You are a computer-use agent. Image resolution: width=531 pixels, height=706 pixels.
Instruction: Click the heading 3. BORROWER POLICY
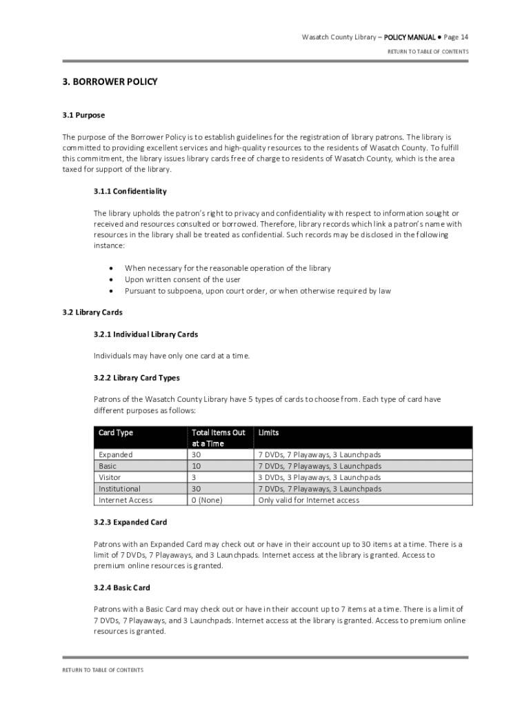pyautogui.click(x=110, y=82)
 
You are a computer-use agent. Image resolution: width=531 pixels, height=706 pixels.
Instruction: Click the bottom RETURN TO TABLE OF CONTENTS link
pyautogui.click(x=103, y=670)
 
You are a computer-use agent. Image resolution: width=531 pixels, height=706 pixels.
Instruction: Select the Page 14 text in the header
pyautogui.click(x=456, y=37)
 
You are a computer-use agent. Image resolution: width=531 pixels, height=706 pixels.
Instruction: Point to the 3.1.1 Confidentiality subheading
pyautogui.click(x=130, y=192)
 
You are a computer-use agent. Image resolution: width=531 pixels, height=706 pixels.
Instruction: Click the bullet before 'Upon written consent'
pyautogui.click(x=111, y=280)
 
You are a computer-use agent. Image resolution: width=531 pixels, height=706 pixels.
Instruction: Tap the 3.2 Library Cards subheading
pyautogui.click(x=92, y=312)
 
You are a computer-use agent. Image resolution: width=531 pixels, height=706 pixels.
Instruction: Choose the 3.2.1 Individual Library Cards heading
pyautogui.click(x=146, y=334)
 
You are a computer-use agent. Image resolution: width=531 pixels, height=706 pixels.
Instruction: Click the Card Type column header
pyautogui.click(x=116, y=433)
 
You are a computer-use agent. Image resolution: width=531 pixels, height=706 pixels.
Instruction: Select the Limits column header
pyautogui.click(x=268, y=433)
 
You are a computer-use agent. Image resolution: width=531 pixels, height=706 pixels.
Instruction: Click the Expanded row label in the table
pyautogui.click(x=116, y=455)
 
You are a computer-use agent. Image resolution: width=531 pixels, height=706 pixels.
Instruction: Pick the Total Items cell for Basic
pyautogui.click(x=197, y=466)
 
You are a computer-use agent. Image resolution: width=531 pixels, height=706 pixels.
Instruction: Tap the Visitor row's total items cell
pyautogui.click(x=194, y=477)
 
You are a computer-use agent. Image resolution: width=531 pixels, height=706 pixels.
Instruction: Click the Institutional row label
pyautogui.click(x=119, y=489)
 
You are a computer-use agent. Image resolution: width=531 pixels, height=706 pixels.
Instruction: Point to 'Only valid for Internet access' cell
pyautogui.click(x=308, y=500)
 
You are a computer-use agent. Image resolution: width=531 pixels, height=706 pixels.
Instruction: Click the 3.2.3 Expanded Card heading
pyautogui.click(x=130, y=523)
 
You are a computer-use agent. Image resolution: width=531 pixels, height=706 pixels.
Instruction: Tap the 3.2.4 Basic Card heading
pyautogui.click(x=122, y=588)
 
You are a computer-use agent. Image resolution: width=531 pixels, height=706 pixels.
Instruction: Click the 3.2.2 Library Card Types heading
pyautogui.click(x=137, y=378)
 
